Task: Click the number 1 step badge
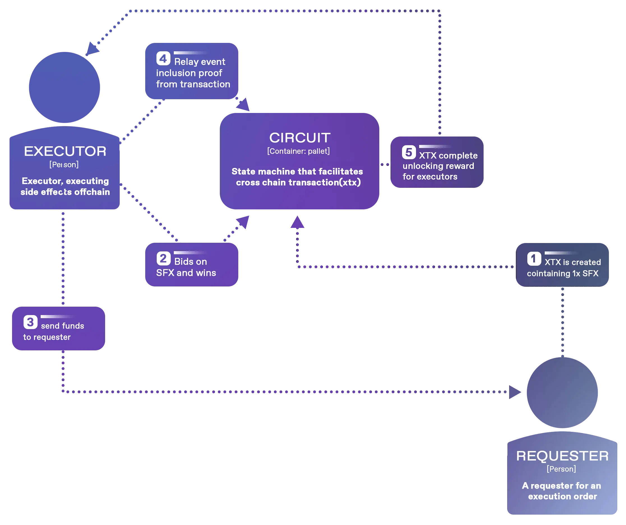click(x=534, y=258)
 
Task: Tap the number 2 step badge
click(x=163, y=258)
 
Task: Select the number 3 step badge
click(x=30, y=322)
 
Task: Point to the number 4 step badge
click(x=163, y=58)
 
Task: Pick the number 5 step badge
click(x=409, y=152)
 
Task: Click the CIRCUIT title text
click(x=300, y=138)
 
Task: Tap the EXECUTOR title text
click(x=65, y=151)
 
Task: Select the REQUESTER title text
click(x=562, y=456)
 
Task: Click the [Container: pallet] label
click(x=298, y=151)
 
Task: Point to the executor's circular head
click(x=64, y=87)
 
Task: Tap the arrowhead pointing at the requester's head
click(x=515, y=392)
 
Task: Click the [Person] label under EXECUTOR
click(x=64, y=165)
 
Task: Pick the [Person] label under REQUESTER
click(x=561, y=469)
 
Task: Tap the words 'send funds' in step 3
click(x=62, y=326)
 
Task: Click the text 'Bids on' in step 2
click(x=190, y=262)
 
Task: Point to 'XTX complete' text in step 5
click(x=448, y=156)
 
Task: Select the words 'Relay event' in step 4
click(x=199, y=62)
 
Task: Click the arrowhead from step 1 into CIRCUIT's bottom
click(x=297, y=222)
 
